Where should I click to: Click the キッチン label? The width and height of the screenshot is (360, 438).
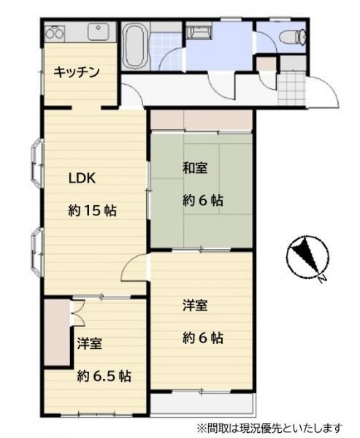[x=77, y=72]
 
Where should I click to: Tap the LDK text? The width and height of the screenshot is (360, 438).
[x=83, y=177]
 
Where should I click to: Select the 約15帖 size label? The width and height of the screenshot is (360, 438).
[x=92, y=210]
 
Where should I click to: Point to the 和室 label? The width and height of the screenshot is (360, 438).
[x=195, y=169]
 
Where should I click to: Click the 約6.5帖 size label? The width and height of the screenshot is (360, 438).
[x=104, y=376]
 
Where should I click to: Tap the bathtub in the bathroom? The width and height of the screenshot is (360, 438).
[x=135, y=45]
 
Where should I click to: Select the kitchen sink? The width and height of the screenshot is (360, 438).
[x=98, y=31]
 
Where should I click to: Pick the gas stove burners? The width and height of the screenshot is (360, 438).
[x=55, y=34]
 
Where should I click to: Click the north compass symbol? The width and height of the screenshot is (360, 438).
[x=307, y=257]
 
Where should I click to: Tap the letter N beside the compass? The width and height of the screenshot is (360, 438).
[x=323, y=279]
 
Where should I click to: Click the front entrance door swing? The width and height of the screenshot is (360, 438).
[x=323, y=91]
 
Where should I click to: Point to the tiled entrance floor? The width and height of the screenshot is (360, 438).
[x=292, y=88]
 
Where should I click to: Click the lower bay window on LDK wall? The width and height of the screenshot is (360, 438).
[x=37, y=252]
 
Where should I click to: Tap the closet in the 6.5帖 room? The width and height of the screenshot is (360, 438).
[x=57, y=332]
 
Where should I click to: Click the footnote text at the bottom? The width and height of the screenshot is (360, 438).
[x=269, y=428]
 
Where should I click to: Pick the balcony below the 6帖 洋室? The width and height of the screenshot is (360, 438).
[x=203, y=404]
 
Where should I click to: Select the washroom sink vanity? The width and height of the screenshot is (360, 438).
[x=199, y=31]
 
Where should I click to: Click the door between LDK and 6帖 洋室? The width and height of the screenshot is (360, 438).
[x=134, y=268]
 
